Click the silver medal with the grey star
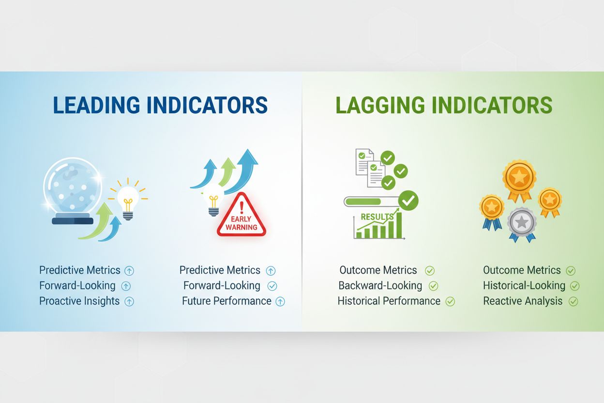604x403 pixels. [522, 223]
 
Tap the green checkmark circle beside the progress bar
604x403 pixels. [409, 200]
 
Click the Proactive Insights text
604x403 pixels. [79, 301]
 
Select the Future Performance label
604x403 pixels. [226, 301]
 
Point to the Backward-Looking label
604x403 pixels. [380, 285]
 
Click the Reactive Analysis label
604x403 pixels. [523, 301]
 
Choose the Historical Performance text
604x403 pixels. [389, 301]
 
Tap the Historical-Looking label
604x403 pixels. [524, 285]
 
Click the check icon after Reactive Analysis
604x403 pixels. [573, 301]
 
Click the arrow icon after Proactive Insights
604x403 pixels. [129, 301]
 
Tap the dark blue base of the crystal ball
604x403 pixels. [73, 220]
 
